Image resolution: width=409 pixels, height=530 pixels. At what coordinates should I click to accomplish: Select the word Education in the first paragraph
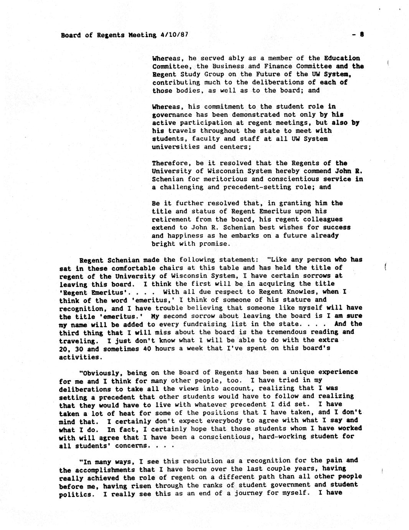342,58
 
